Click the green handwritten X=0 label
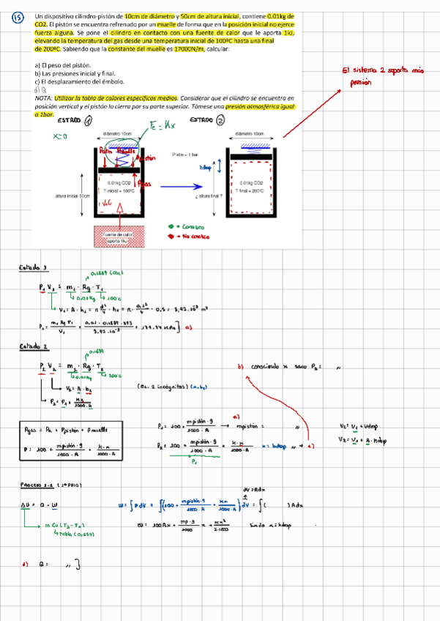[60, 136]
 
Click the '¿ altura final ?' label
[209, 196]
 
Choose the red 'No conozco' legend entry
[190, 237]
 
